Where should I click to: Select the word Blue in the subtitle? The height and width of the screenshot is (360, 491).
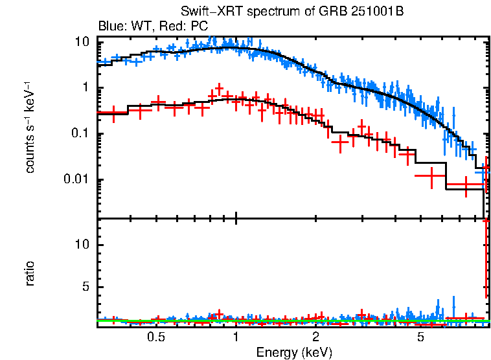point(109,27)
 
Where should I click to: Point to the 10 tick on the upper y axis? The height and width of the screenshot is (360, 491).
point(82,42)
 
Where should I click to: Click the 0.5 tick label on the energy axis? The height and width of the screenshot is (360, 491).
point(155,337)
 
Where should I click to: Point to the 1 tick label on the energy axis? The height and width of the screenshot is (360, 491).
point(236,337)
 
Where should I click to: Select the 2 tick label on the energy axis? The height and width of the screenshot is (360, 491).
point(315,337)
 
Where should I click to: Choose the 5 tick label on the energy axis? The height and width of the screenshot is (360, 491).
point(421,337)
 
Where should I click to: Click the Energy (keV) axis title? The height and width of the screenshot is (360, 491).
point(294,352)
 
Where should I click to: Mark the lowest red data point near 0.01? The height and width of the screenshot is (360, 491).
point(465,185)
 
